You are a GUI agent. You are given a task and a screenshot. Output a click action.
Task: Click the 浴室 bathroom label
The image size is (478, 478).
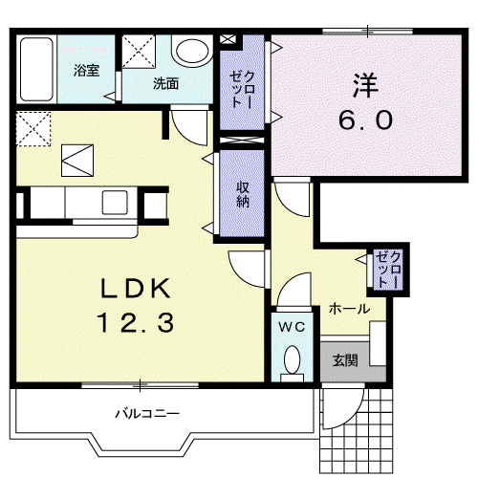pyautogui.click(x=86, y=71)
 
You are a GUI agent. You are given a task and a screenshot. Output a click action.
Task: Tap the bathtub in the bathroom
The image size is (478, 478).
pyautogui.click(x=36, y=69)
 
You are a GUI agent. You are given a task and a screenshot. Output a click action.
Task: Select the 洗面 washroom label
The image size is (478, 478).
pyautogui.click(x=165, y=83)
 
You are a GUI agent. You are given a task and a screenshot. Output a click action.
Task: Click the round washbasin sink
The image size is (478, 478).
pyautogui.click(x=192, y=51)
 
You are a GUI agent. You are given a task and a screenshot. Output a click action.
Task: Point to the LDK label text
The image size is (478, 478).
pyautogui.click(x=135, y=289)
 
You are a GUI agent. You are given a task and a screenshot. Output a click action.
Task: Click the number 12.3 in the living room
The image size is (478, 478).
pyautogui.click(x=136, y=322)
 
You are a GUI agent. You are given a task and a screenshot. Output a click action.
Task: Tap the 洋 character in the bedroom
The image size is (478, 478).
pyautogui.click(x=365, y=85)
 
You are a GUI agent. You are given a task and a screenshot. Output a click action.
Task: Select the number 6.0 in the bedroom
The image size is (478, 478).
pyautogui.click(x=365, y=119)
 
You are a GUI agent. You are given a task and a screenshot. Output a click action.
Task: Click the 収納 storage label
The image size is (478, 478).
pyautogui.click(x=243, y=194)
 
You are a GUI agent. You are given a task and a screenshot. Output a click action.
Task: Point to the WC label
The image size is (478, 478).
pyautogui.click(x=292, y=327)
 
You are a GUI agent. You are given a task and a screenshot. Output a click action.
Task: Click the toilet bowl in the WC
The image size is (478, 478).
pyautogui.click(x=292, y=359)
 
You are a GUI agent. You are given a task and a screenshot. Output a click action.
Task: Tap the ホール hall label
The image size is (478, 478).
pyautogui.click(x=349, y=309)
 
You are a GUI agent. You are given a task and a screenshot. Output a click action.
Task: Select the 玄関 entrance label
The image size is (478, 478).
pyautogui.click(x=345, y=360)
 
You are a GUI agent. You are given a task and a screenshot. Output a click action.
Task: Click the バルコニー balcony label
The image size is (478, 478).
pyautogui.click(x=147, y=414)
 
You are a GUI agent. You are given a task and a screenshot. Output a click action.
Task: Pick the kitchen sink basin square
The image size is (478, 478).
pyautogui.click(x=115, y=203)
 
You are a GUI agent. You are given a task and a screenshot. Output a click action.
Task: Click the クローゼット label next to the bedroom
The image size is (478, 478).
pyautogui.click(x=242, y=90)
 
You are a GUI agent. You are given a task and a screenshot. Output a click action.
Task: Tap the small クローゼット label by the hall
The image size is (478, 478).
pyautogui.click(x=388, y=270)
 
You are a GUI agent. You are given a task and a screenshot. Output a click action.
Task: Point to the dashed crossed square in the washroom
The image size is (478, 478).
pyautogui.click(x=139, y=52)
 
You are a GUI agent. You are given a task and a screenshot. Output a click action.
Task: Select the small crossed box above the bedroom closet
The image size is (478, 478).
pyautogui.click(x=228, y=39)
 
